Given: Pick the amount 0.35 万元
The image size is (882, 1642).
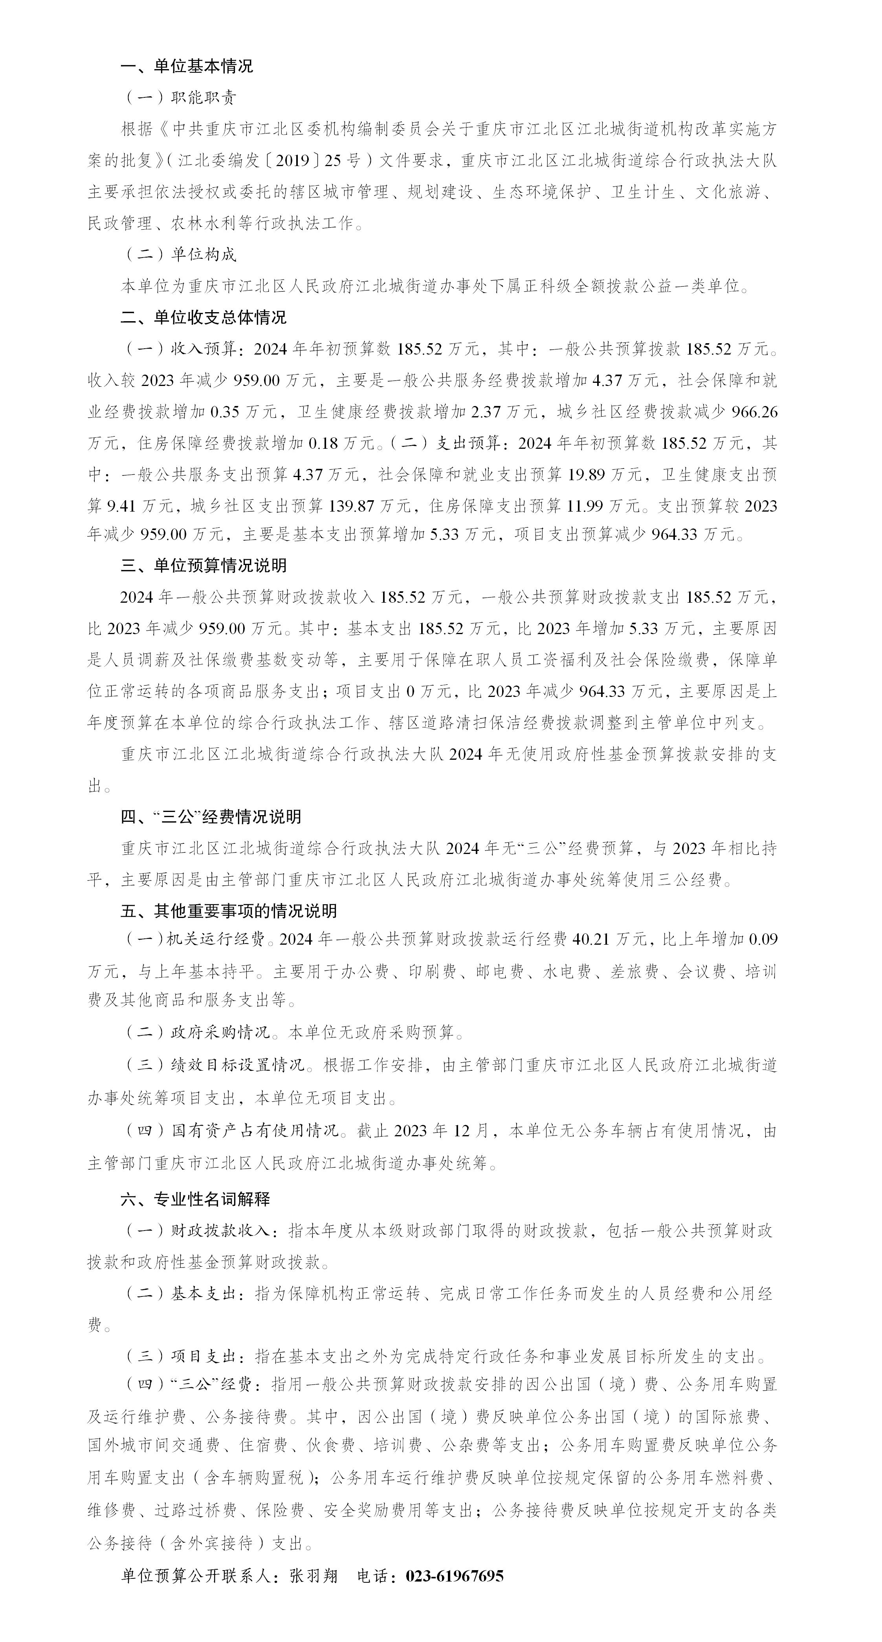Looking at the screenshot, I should (x=244, y=412).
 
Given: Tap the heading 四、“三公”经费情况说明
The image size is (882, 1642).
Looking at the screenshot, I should (x=211, y=817).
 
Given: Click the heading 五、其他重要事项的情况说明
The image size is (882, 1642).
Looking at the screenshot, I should (x=228, y=912).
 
